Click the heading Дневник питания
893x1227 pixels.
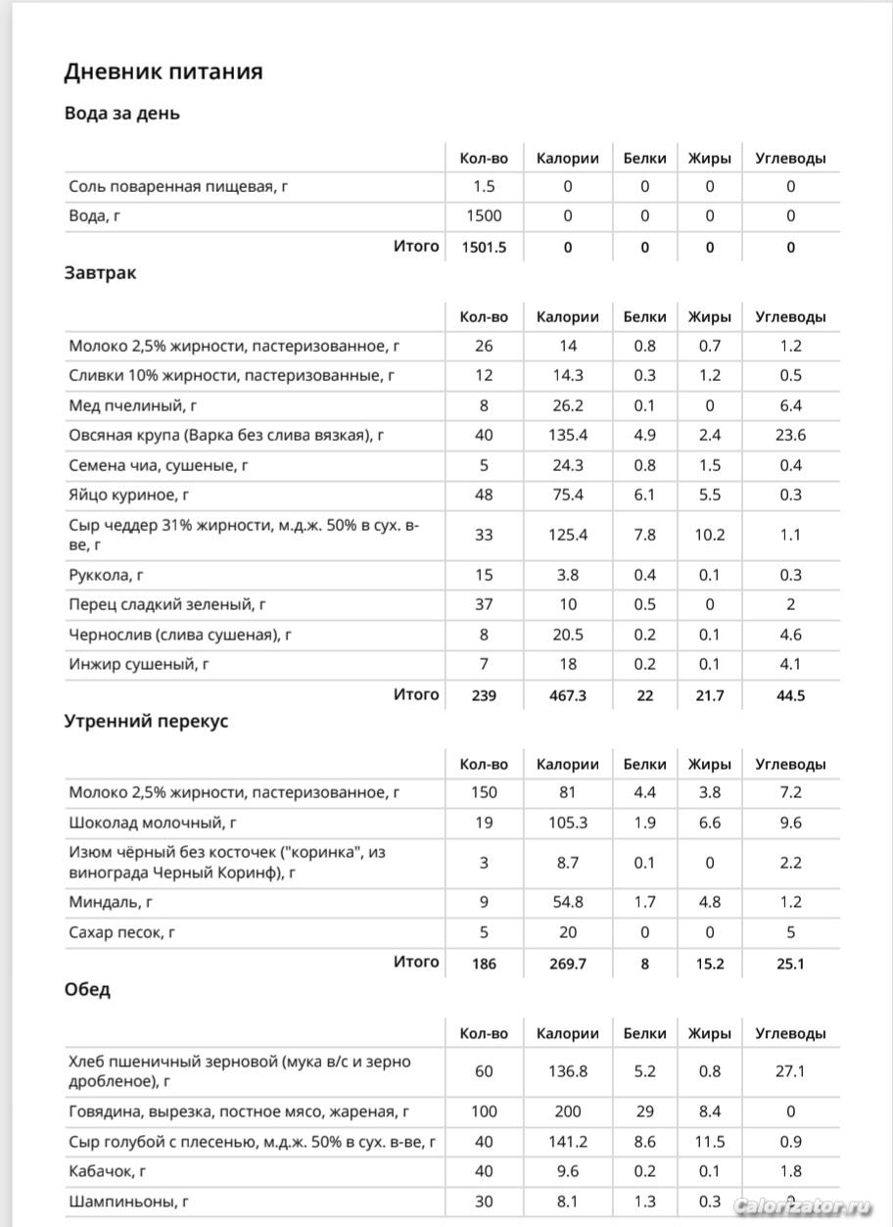(x=164, y=71)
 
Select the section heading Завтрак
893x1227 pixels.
(x=100, y=273)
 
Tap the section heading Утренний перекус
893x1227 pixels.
(x=146, y=721)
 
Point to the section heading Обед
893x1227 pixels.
(x=87, y=989)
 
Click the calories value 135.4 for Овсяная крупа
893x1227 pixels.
(x=567, y=435)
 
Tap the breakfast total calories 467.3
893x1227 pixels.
(x=567, y=695)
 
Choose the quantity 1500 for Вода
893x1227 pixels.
(x=484, y=216)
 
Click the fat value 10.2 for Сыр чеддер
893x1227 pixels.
(x=710, y=535)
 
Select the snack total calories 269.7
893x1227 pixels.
(x=567, y=964)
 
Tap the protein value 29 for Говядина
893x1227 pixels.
(x=644, y=1112)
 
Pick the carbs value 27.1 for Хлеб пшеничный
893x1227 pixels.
(x=790, y=1071)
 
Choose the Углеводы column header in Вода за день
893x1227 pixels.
(x=790, y=158)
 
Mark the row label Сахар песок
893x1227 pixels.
(x=121, y=933)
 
